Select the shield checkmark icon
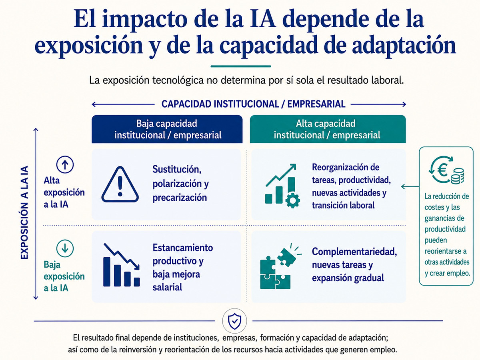click(234, 321)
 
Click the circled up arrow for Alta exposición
click(65, 164)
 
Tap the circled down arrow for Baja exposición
click(65, 248)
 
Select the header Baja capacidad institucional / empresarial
click(167, 129)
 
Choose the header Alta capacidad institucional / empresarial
click(328, 129)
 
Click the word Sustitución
click(177, 169)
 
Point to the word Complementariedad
click(354, 252)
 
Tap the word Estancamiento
click(182, 248)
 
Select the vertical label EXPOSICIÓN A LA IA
click(25, 212)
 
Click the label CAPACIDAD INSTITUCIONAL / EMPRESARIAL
click(253, 104)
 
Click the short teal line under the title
click(241, 66)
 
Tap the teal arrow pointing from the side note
click(410, 187)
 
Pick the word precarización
click(180, 198)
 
